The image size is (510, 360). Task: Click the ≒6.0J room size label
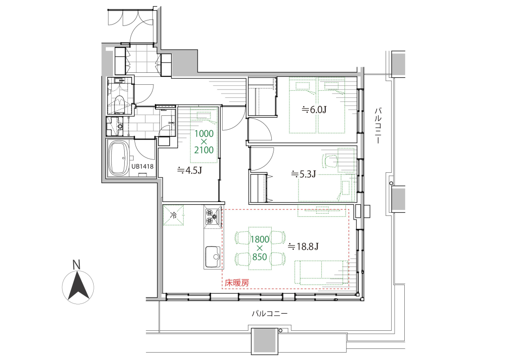click(314, 109)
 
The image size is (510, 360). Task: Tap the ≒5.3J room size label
click(303, 174)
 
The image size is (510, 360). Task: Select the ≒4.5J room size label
click(189, 170)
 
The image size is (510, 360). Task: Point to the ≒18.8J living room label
click(303, 246)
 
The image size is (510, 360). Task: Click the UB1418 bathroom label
click(142, 166)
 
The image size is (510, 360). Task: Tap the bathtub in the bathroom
click(119, 158)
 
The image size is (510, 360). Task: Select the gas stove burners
click(212, 217)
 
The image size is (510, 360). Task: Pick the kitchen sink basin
click(212, 256)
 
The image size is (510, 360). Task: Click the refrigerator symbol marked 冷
click(173, 215)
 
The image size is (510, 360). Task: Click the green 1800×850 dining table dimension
click(260, 248)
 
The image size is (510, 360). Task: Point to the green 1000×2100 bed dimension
click(204, 142)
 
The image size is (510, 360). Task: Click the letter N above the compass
click(76, 265)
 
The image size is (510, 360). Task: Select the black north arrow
click(78, 286)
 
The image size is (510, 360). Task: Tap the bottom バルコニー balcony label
click(270, 314)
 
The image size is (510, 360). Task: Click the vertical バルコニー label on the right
click(377, 125)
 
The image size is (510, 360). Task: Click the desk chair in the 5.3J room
click(330, 161)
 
